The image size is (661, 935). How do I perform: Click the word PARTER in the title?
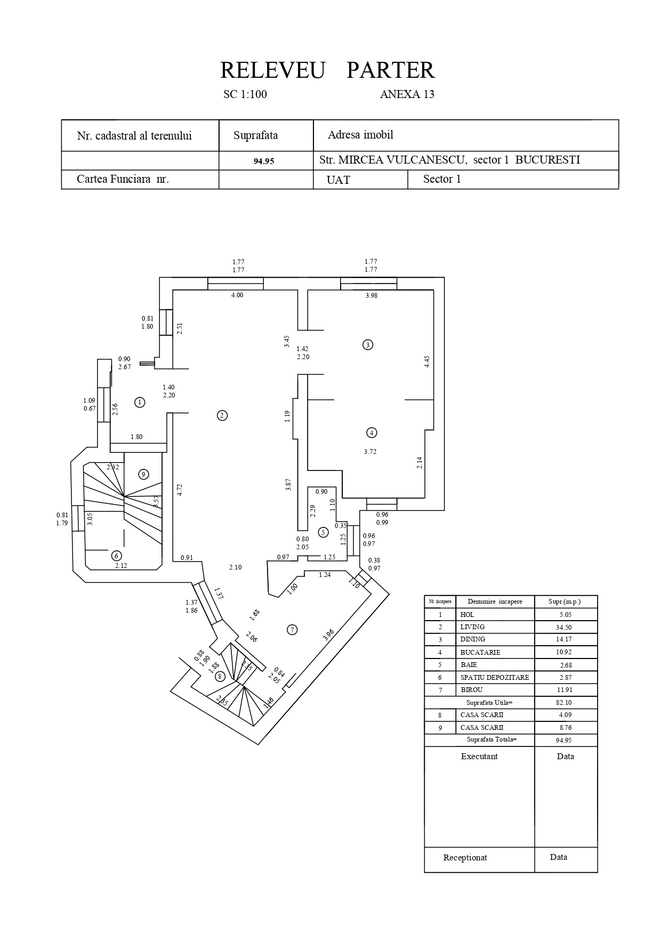coord(390,70)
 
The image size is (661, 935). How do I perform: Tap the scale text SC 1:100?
coord(245,94)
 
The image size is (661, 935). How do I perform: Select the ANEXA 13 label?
coord(407,94)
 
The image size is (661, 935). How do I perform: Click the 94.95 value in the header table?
coord(264,161)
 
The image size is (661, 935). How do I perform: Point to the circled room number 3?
coord(367,345)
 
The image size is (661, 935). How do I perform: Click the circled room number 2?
coord(222,416)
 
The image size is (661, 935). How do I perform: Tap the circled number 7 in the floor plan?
coord(292,630)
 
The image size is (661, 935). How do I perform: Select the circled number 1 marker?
coord(140,402)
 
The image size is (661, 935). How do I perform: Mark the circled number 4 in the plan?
coord(372,433)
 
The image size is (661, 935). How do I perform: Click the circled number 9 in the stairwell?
coord(143,474)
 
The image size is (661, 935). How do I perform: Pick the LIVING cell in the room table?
coord(472,627)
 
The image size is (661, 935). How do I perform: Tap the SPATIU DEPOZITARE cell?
coord(494,678)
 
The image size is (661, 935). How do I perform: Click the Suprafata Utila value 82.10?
coord(563,703)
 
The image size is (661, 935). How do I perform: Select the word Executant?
coord(479,757)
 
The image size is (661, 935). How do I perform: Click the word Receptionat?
coord(465,858)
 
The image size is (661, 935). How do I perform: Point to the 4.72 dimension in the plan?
coord(180,490)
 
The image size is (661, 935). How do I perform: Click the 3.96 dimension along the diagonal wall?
coord(328,635)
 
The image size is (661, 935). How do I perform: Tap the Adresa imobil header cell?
coord(360,135)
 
